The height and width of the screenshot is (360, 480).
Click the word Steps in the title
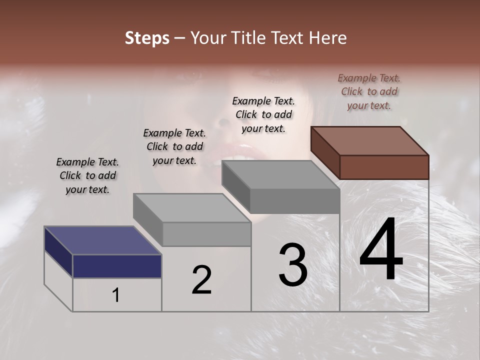[x=147, y=38]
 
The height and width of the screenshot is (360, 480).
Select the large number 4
[x=381, y=250]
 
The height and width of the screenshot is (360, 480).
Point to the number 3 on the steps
[x=293, y=265]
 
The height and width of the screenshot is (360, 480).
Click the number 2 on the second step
[x=201, y=280]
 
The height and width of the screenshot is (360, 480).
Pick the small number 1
[x=116, y=295]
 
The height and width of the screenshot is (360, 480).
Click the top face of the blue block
[x=102, y=240]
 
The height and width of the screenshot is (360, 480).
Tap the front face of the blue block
[x=117, y=266]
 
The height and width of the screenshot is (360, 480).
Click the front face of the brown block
[x=384, y=167]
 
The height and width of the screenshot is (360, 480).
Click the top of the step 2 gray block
[x=192, y=207]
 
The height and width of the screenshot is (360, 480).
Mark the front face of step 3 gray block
[x=294, y=201]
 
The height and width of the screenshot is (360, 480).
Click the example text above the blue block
[x=87, y=175]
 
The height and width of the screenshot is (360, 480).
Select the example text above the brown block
[x=369, y=91]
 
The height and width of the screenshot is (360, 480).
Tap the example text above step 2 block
[x=174, y=146]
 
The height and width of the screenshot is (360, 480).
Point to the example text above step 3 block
[x=263, y=114]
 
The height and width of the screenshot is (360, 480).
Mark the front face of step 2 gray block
[x=206, y=234]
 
